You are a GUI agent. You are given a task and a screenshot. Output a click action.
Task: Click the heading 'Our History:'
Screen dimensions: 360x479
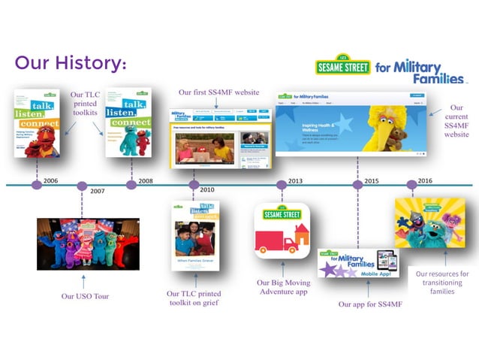(70, 62)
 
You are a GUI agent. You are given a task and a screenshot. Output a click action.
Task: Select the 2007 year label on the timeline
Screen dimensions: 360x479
(97, 191)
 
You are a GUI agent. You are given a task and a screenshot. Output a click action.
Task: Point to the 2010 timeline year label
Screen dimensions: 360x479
(207, 191)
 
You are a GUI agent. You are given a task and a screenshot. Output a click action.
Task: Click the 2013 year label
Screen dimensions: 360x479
(295, 180)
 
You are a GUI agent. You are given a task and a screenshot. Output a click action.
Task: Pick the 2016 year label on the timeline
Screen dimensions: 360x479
(424, 180)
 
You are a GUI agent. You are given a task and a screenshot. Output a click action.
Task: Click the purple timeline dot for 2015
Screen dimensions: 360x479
(358, 185)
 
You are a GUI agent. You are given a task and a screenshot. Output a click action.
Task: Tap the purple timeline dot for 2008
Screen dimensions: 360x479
(131, 185)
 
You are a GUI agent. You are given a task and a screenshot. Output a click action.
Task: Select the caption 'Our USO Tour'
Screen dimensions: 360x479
(85, 296)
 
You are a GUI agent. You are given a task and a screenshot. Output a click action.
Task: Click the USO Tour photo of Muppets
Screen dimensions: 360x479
(88, 244)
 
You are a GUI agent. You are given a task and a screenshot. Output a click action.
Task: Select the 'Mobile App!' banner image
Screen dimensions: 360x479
(363, 263)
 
